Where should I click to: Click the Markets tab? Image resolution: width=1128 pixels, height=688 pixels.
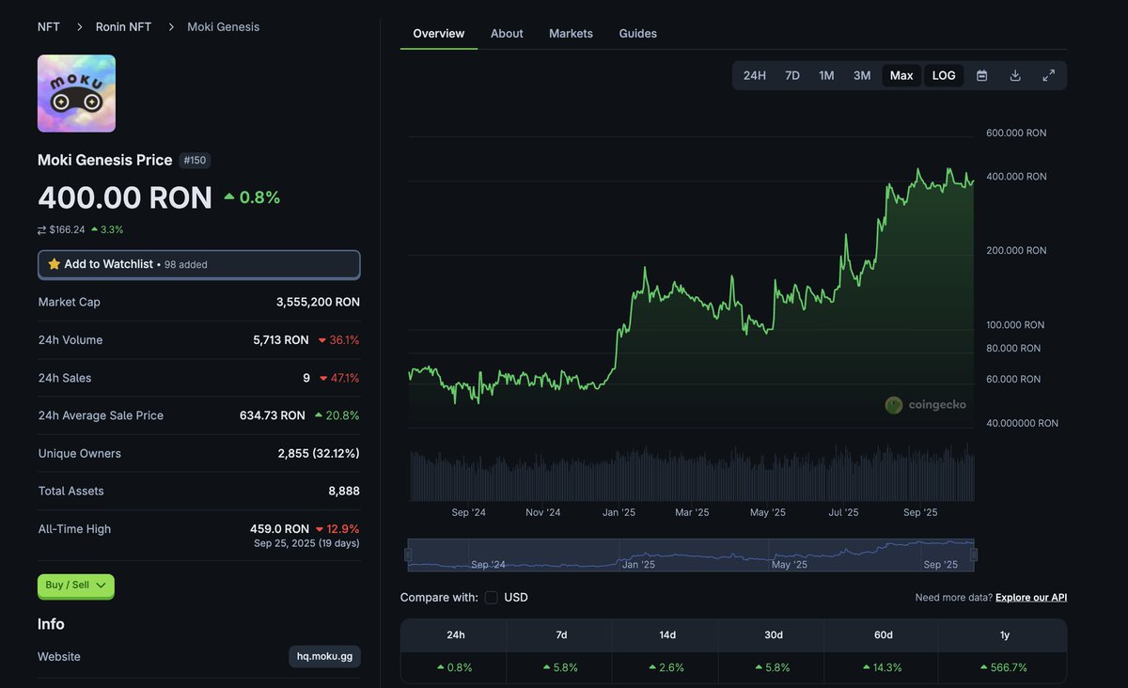[571, 34]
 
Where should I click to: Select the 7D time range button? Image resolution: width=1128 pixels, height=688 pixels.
[792, 75]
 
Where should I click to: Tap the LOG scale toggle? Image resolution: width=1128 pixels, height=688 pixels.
[944, 75]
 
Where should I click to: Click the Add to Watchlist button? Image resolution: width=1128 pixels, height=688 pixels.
[198, 264]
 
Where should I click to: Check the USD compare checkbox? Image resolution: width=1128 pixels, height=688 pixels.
[492, 598]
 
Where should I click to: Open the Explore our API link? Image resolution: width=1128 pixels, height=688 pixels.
[1031, 598]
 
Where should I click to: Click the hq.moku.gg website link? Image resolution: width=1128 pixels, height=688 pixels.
[324, 656]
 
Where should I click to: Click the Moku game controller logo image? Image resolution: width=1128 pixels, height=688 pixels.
[76, 93]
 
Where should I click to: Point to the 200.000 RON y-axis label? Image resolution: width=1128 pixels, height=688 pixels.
[1016, 251]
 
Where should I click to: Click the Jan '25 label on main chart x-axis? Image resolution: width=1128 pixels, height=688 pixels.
[619, 512]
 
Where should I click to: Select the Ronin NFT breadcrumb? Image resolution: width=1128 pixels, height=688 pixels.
[123, 27]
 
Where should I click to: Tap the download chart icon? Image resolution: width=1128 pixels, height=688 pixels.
[1015, 75]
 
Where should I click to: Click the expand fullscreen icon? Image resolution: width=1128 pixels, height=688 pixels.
[1049, 75]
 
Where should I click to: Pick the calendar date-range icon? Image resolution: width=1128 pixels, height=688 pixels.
[982, 75]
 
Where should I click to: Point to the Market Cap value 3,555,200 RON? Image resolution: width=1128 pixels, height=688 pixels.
[318, 303]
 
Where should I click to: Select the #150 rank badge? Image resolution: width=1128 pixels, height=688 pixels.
[195, 161]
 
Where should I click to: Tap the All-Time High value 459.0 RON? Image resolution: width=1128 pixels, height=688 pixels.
[279, 529]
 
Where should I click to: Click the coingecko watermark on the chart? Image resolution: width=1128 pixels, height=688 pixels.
[926, 405]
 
